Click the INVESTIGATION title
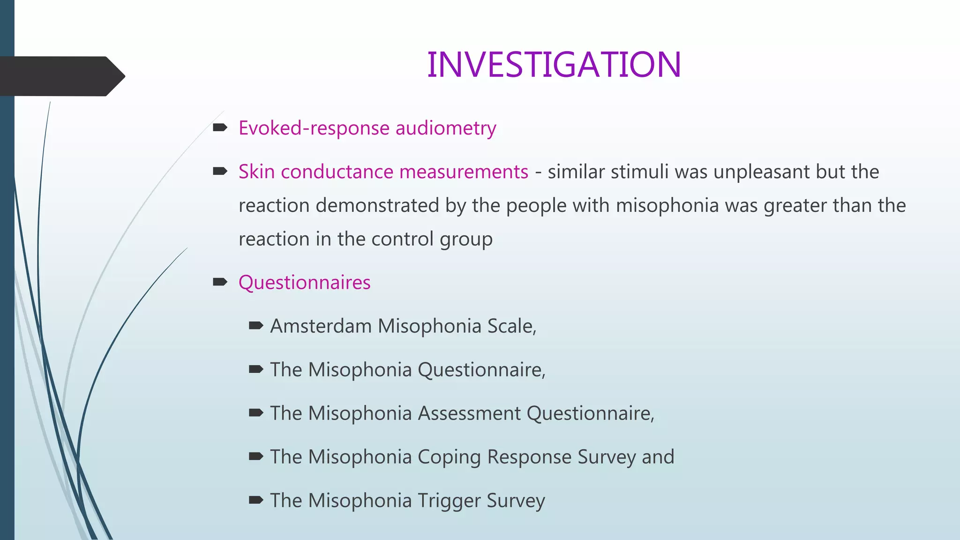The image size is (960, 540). (554, 65)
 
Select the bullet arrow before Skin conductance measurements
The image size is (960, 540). (220, 172)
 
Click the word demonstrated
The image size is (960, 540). (377, 205)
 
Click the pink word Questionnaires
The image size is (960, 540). (304, 283)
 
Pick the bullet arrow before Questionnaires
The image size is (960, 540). (220, 282)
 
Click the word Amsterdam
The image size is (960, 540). (321, 326)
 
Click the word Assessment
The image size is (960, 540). (469, 413)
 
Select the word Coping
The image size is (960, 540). (449, 457)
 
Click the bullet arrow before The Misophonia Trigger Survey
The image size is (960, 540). (256, 500)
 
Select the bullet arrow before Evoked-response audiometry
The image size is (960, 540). (220, 127)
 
